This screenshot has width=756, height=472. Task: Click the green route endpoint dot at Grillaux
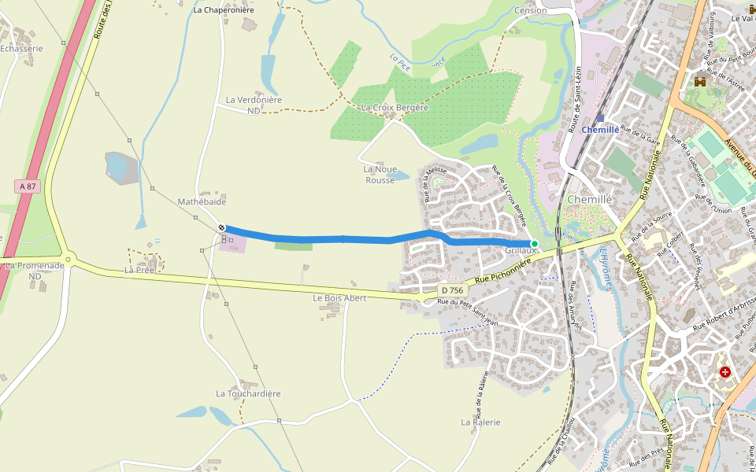535,244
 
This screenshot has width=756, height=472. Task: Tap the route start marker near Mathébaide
222,227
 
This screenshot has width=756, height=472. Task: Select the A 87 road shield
27,186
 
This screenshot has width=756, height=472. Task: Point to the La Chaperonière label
223,10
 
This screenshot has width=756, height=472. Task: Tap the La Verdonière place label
254,100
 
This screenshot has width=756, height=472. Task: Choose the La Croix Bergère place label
395,108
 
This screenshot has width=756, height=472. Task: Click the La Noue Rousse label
380,174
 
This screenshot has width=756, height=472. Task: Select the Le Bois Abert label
339,298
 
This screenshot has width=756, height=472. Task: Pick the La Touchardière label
248,393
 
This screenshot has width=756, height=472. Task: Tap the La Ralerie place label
481,422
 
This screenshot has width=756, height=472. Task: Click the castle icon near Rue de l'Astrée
700,80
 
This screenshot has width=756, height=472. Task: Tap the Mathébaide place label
202,202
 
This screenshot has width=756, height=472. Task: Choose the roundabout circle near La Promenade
69,260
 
